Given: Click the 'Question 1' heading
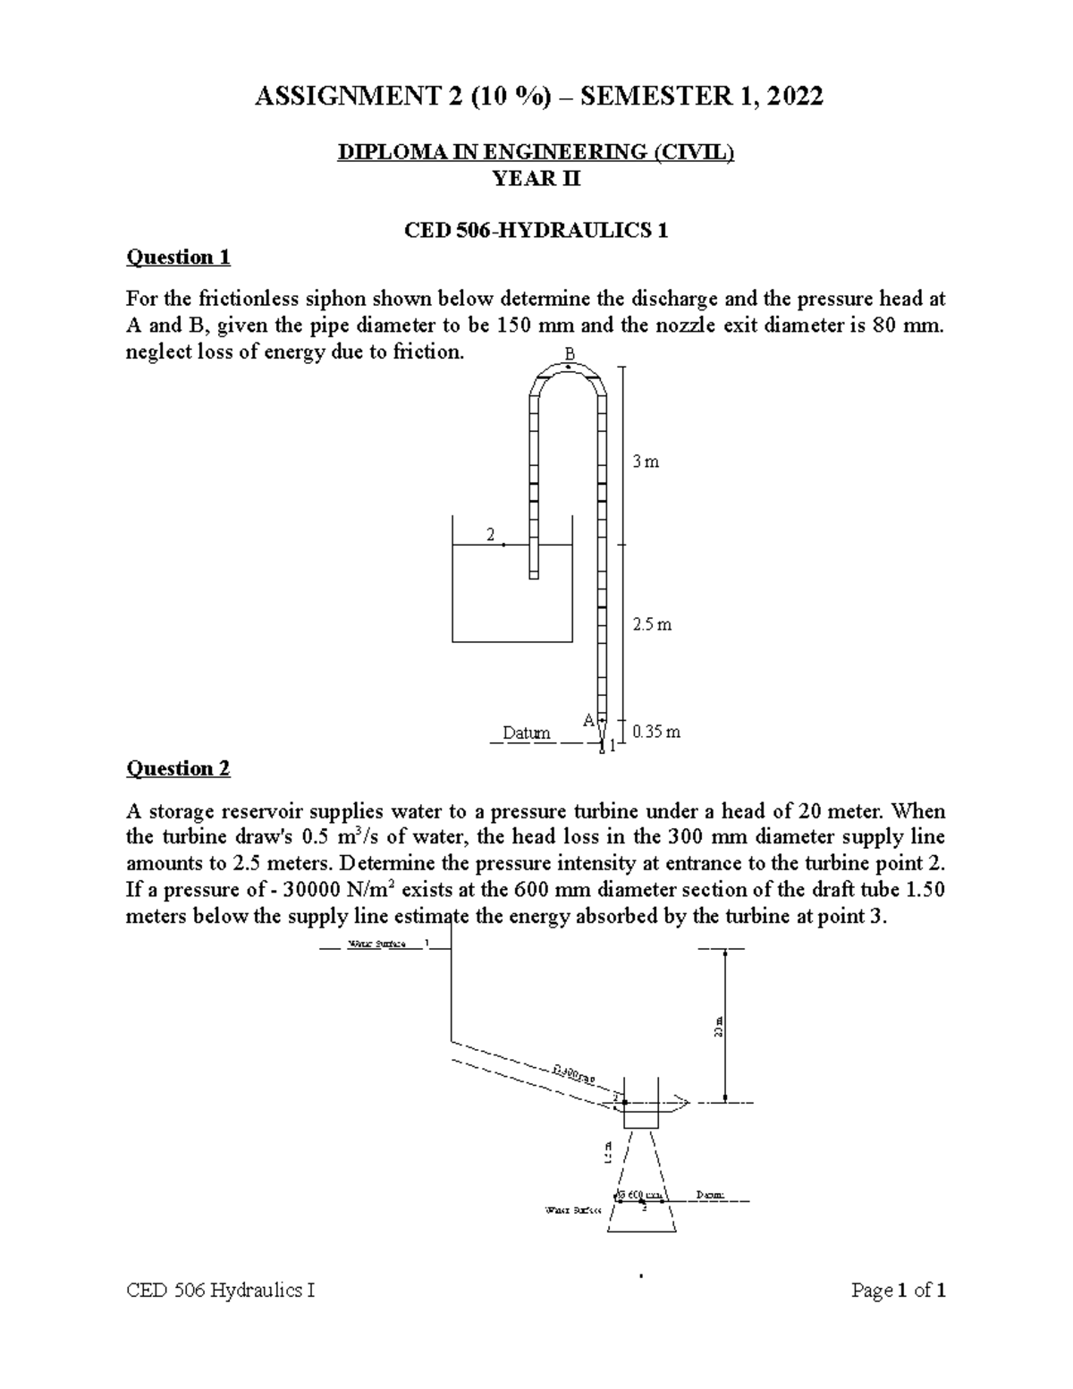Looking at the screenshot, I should pos(178,258).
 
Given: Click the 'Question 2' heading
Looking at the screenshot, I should pos(178,768).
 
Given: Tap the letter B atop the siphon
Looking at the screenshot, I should pos(569,355).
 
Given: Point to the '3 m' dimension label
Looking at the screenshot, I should pos(645,462).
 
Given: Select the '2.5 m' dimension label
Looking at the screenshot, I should pos(651,624).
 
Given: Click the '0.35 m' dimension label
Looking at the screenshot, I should pos(655,732).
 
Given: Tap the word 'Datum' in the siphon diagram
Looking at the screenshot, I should pos(526,733).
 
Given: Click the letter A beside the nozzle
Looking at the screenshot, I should pos(588,720).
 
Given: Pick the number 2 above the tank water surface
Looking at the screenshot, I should pos(490,535).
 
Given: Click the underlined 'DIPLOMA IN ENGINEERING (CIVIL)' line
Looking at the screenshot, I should pos(536,153).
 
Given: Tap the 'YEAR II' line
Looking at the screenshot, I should pos(536,179).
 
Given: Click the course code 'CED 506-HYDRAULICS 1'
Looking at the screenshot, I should pos(536,231).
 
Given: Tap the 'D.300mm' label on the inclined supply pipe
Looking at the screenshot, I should pos(573,1073).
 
